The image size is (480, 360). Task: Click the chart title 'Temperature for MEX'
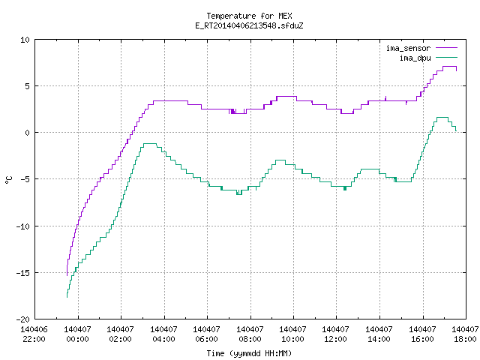[x=249, y=16]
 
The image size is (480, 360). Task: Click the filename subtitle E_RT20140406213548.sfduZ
[x=249, y=25]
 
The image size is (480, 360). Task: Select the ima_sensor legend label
[x=408, y=48]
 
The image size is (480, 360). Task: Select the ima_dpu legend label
[x=415, y=58]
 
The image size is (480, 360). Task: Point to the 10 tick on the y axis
[x=25, y=40]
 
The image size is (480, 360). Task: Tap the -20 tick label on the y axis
[x=23, y=319]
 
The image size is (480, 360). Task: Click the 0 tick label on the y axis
[x=28, y=133]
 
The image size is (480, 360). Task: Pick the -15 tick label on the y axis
[x=23, y=273]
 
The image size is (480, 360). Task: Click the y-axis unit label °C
[x=8, y=180]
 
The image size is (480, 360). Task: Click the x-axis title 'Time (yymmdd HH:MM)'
[x=249, y=353]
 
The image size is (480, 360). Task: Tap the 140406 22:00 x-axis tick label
[x=34, y=334]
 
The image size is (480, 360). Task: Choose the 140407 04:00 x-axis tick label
[x=163, y=334]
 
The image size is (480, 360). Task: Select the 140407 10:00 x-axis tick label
[x=293, y=334]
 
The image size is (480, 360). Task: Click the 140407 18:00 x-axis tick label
[x=465, y=334]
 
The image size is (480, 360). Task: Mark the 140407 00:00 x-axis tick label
[x=77, y=334]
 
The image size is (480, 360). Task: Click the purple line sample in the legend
[x=447, y=48]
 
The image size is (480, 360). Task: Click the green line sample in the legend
[x=447, y=57]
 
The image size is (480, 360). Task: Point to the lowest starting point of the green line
[x=67, y=297]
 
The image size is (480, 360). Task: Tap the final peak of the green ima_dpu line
[x=442, y=117]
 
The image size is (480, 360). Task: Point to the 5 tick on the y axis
[x=28, y=86]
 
